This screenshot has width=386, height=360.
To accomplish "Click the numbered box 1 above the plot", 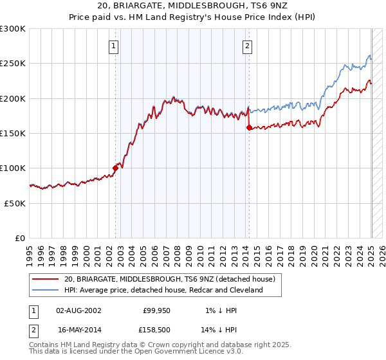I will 113,46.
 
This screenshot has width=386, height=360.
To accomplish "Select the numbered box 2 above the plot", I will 247,46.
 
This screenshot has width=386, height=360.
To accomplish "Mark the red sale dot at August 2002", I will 116,168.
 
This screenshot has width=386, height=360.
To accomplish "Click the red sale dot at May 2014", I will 249,127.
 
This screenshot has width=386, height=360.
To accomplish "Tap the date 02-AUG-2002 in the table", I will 78,310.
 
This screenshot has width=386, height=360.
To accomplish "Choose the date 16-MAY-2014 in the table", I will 78,329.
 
